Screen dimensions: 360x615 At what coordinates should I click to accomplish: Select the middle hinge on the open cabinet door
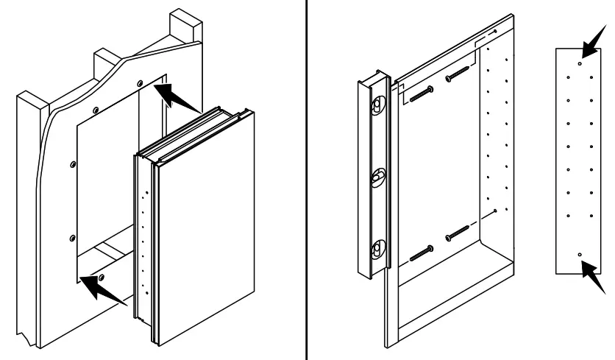click(x=376, y=177)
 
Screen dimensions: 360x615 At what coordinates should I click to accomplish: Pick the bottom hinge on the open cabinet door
click(x=376, y=249)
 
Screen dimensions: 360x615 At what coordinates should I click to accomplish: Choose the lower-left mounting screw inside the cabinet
click(x=420, y=253)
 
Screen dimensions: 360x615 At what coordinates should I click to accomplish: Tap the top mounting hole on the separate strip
click(x=580, y=64)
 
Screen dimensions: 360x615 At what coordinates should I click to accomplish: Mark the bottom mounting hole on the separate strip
click(x=580, y=254)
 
